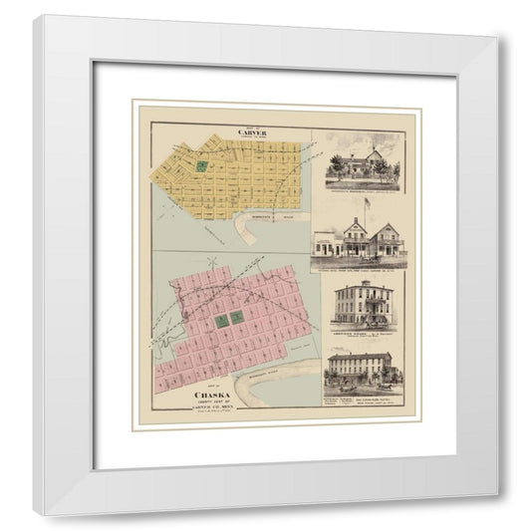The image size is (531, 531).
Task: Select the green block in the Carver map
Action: pos(202,166)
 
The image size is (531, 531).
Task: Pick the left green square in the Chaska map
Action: pos(220,321)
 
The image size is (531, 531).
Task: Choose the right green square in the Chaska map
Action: pos(238,317)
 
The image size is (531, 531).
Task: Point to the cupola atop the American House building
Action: pos(361,286)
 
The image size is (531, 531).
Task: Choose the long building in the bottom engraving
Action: pos(360,368)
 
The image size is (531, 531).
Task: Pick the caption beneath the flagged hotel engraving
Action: pos(360,264)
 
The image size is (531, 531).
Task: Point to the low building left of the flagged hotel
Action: pos(328,244)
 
